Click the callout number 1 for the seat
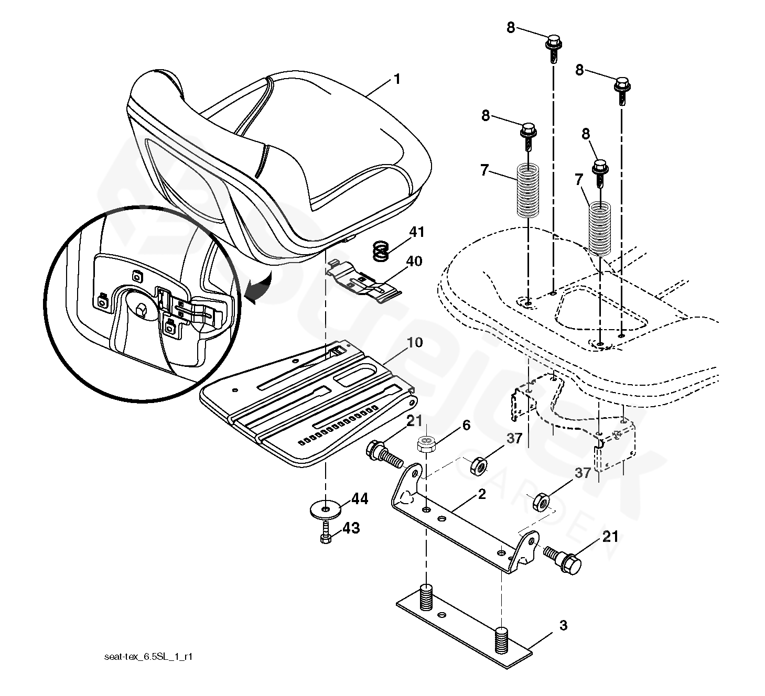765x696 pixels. (397, 79)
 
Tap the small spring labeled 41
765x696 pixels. (380, 252)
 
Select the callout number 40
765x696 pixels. (414, 261)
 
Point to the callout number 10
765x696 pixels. (415, 342)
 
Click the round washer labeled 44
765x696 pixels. (325, 509)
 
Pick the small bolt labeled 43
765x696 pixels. (326, 532)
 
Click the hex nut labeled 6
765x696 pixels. (426, 444)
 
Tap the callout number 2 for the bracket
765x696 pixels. (482, 494)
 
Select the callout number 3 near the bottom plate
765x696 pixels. (563, 625)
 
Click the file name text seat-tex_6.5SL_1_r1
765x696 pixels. (148, 657)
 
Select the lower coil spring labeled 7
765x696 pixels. (600, 229)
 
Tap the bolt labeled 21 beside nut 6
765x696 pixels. (384, 454)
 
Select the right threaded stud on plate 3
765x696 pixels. (501, 639)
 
